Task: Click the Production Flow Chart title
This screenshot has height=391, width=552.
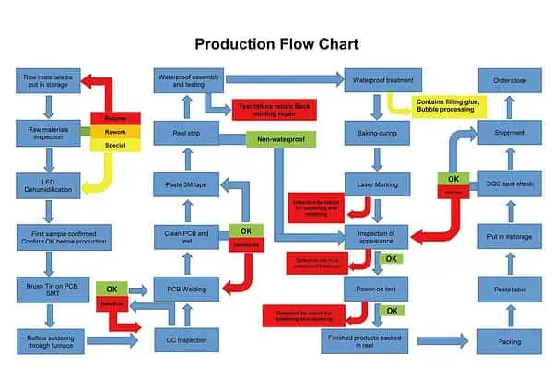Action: tap(276, 43)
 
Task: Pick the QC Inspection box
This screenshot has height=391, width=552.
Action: tap(186, 342)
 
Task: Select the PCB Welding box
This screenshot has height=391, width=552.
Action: tap(186, 290)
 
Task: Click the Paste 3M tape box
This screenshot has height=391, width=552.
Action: tap(186, 184)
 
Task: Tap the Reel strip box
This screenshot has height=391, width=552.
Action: tap(186, 133)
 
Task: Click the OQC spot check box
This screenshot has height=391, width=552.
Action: tap(509, 184)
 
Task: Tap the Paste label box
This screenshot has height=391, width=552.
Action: tap(509, 290)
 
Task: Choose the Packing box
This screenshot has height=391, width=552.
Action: tap(509, 342)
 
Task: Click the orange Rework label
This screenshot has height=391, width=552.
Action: tap(115, 131)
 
